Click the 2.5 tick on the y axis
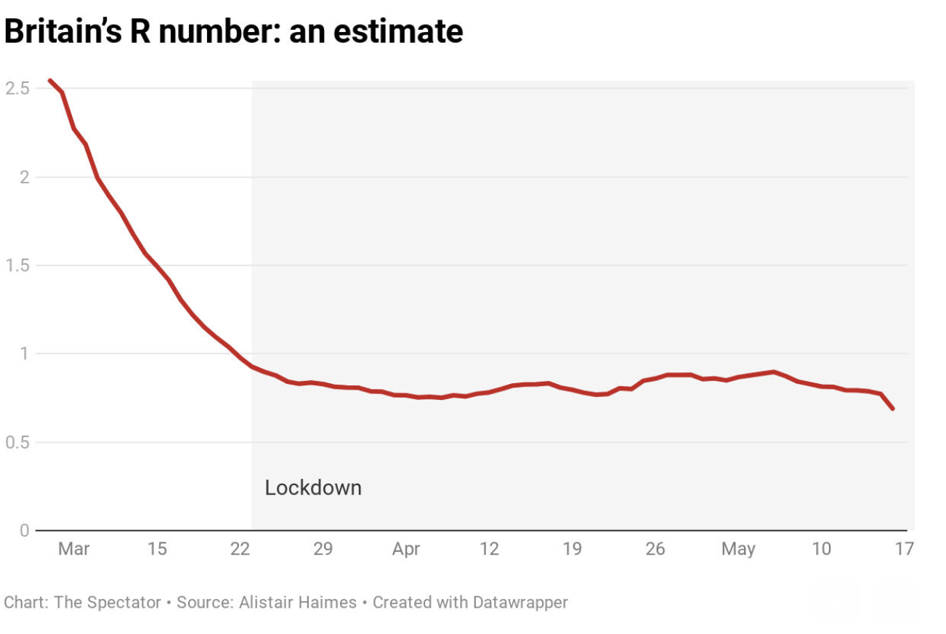click(16, 88)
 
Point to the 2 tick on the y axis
click(23, 177)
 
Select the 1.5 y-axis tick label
click(16, 265)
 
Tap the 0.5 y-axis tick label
click(16, 442)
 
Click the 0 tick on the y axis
click(24, 531)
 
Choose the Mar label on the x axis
click(74, 549)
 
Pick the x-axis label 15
click(157, 549)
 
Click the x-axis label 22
click(240, 549)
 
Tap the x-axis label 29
click(323, 549)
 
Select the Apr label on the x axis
click(406, 549)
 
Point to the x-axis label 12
click(489, 549)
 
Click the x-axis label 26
click(655, 549)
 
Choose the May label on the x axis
click(738, 549)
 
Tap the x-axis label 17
click(904, 549)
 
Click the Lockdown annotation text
click(313, 487)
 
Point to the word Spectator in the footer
click(122, 603)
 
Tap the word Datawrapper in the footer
click(520, 603)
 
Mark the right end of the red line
click(892, 409)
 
